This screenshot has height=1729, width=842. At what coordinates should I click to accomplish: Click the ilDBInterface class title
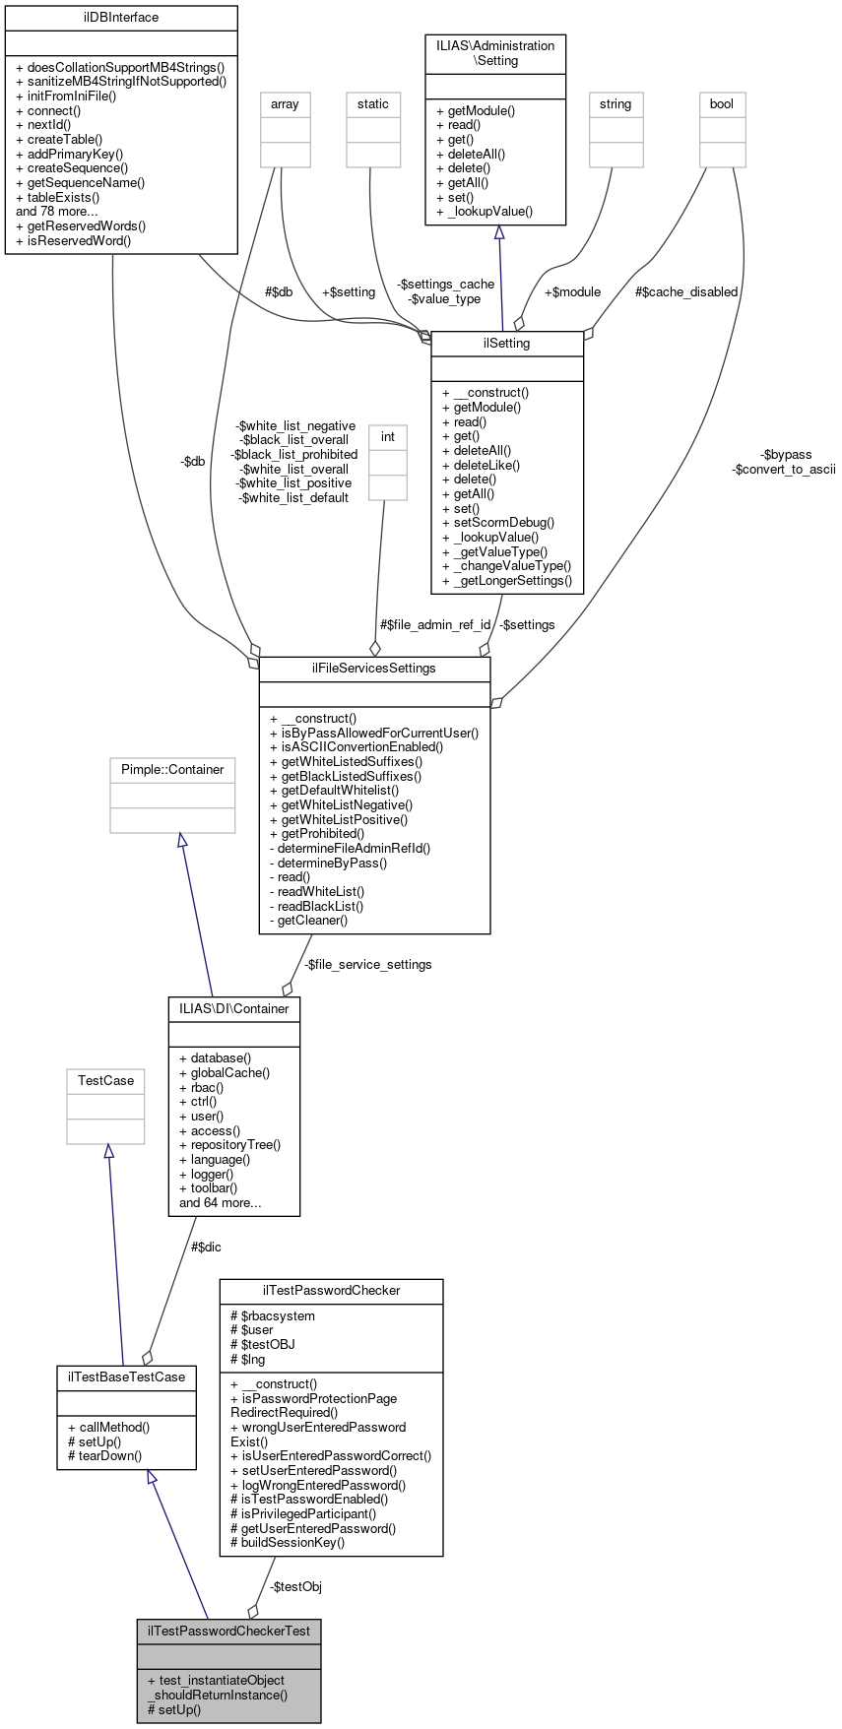click(x=121, y=18)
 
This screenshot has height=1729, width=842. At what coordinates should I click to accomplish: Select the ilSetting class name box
click(x=507, y=344)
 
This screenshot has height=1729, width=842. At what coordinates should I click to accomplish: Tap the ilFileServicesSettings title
click(x=374, y=668)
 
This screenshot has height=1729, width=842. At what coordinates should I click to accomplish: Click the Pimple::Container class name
click(x=172, y=769)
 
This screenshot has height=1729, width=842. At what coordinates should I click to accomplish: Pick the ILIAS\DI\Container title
click(x=234, y=1008)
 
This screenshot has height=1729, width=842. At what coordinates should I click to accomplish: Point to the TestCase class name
click(x=105, y=1080)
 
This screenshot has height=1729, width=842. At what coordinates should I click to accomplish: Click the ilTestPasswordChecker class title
click(x=331, y=1290)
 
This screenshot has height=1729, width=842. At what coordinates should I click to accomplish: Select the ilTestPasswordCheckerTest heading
click(x=228, y=1631)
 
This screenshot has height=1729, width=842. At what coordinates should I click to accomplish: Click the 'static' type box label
click(x=373, y=103)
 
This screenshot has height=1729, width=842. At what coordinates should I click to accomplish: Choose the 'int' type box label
click(x=388, y=436)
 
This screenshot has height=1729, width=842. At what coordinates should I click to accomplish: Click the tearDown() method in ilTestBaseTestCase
click(x=104, y=1455)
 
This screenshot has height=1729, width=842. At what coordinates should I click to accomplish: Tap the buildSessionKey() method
click(x=287, y=1542)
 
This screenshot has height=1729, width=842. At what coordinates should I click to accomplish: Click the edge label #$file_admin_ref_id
click(x=435, y=624)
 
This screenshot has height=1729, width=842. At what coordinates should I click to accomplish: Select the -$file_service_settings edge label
click(x=367, y=964)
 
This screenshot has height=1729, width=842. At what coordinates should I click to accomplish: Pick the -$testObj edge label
click(x=295, y=1586)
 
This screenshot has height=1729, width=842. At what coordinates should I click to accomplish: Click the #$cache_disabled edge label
click(x=686, y=291)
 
